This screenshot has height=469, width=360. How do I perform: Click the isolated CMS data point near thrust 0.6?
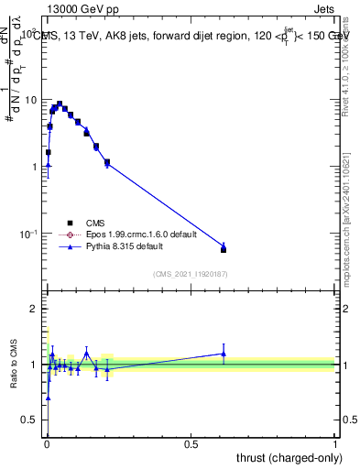224,249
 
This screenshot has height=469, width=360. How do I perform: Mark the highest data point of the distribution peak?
60,104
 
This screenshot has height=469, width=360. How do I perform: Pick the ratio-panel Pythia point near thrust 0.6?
224,354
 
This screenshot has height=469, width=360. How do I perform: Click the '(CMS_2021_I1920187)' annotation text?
190,273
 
